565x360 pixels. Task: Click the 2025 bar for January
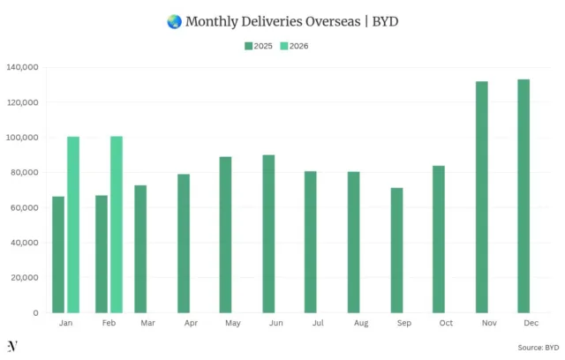[x=58, y=254]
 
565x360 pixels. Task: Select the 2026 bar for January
[x=73, y=224]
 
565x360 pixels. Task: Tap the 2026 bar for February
[x=117, y=224]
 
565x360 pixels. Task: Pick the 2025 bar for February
[x=102, y=253]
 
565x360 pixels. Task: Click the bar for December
[x=524, y=196]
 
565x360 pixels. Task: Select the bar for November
[x=482, y=197]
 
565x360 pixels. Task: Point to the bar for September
[x=396, y=250]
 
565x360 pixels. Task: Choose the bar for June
[x=268, y=234]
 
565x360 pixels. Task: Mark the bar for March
[x=140, y=249]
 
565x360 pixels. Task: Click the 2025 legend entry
[x=258, y=46]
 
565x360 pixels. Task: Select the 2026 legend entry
[x=296, y=46]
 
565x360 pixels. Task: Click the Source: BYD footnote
[x=538, y=347]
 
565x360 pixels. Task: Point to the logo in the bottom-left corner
[x=11, y=345]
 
